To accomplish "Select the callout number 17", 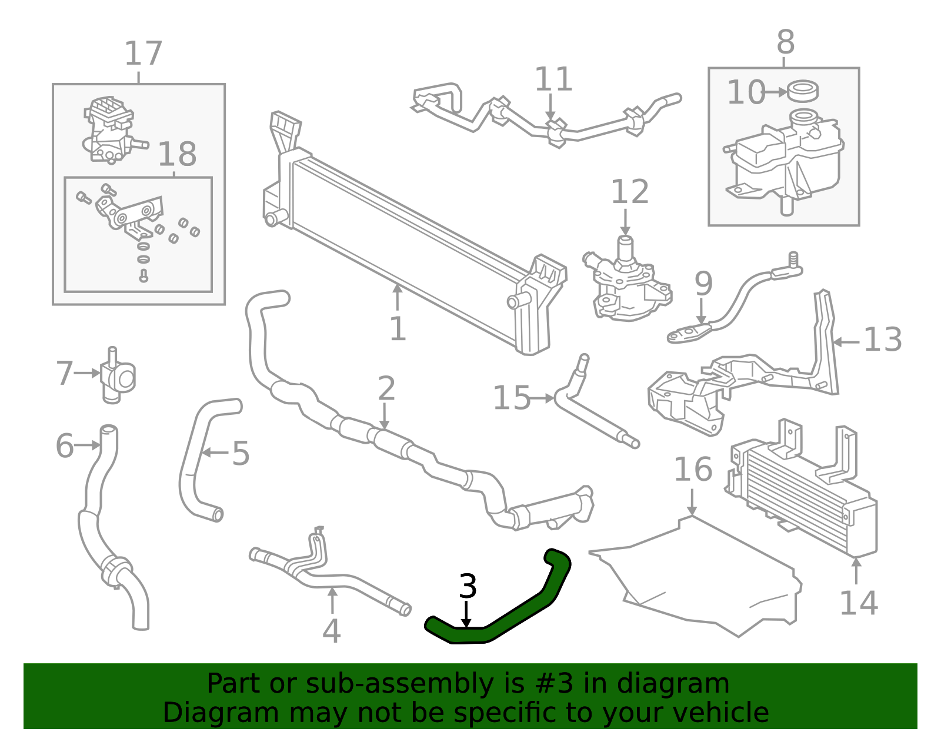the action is (x=144, y=54).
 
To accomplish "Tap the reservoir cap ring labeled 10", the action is (x=802, y=92).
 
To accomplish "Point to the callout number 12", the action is (x=630, y=191).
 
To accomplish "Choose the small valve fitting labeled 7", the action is (x=117, y=376).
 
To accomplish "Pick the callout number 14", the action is (x=859, y=603).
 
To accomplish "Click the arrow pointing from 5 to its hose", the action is (x=215, y=453).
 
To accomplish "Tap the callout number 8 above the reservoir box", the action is (x=786, y=42).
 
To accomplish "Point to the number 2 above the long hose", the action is (x=386, y=388).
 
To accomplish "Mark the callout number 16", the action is (x=693, y=470).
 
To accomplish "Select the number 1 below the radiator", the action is (x=398, y=329).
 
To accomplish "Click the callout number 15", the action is (x=512, y=398).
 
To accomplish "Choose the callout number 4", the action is (x=331, y=631).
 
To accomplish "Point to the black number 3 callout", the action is (x=467, y=587).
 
